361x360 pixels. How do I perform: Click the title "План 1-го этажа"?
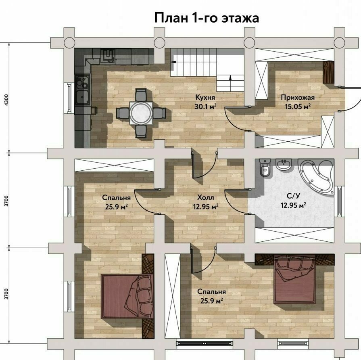pyautogui.click(x=207, y=18)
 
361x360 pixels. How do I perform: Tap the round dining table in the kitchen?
pyautogui.click(x=141, y=113)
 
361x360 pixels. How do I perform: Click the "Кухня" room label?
pyautogui.click(x=205, y=97)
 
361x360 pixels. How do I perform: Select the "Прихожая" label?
pyautogui.click(x=298, y=98)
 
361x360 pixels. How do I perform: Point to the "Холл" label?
pyautogui.click(x=206, y=197)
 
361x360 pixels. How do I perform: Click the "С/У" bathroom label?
pyautogui.click(x=293, y=196)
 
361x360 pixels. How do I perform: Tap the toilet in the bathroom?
pyautogui.click(x=264, y=168)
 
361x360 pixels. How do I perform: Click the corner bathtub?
pyautogui.click(x=316, y=177)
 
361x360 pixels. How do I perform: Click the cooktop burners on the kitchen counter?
pyautogui.click(x=82, y=82)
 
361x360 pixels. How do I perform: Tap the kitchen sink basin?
pyautogui.click(x=82, y=97)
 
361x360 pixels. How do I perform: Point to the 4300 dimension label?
pyautogui.click(x=6, y=100)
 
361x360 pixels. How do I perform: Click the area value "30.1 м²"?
pyautogui.click(x=205, y=107)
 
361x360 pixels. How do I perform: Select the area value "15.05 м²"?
pyautogui.click(x=298, y=107)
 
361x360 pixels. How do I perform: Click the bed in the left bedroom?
pyautogui.click(x=127, y=296)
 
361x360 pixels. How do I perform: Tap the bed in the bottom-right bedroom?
pyautogui.click(x=294, y=279)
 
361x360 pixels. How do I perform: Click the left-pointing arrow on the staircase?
pyautogui.click(x=173, y=62)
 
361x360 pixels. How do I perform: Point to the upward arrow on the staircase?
pyautogui.click(x=230, y=78)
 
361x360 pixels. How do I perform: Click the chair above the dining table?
pyautogui.click(x=141, y=95)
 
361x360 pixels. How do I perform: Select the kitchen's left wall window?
pyautogui.click(x=69, y=98)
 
